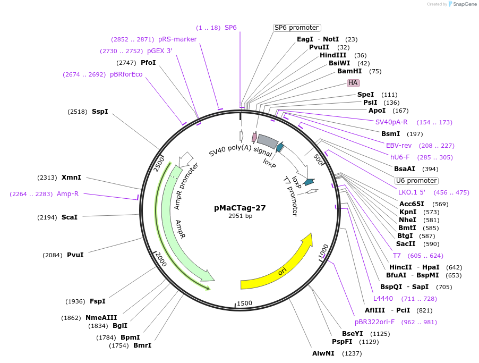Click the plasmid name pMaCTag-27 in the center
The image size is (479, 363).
click(240, 208)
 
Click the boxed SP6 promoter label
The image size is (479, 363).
click(297, 28)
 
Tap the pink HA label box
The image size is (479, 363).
click(353, 83)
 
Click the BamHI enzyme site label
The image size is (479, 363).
click(349, 71)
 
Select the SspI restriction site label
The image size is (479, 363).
click(100, 112)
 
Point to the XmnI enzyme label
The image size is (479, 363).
click(71, 178)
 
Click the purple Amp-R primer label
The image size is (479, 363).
click(67, 194)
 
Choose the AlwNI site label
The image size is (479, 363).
click(323, 353)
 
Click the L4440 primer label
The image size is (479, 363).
click(383, 299)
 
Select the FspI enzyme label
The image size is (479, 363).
click(97, 301)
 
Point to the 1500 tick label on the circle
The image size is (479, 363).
click(244, 303)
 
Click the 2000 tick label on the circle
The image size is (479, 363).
click(160, 260)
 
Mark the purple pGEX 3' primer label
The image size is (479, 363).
click(160, 51)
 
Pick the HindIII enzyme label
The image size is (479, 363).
click(333, 55)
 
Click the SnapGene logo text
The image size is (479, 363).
click(464, 4)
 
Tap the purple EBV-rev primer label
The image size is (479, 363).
click(398, 146)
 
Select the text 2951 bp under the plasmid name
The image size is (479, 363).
click(240, 216)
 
